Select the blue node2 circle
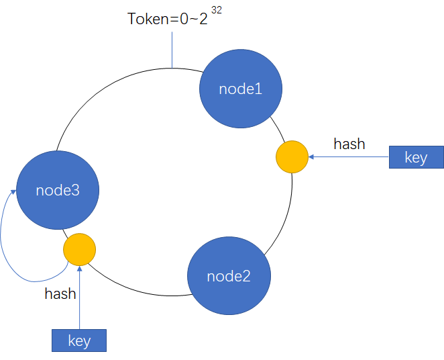pos(229,275)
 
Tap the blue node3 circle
pos(58,190)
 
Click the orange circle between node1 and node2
pos(292,156)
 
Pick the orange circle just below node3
pos(80,249)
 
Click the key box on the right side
pos(416,158)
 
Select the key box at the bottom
pos(79,341)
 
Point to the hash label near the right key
pos(349,144)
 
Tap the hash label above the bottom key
pos(60,294)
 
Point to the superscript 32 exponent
pos(216,10)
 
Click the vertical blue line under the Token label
pos(172,50)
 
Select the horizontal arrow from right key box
pos(349,157)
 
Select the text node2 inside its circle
pos(229,276)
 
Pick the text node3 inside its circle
pos(58,190)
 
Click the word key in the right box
pos(416,158)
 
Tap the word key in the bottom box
pos(79,341)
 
